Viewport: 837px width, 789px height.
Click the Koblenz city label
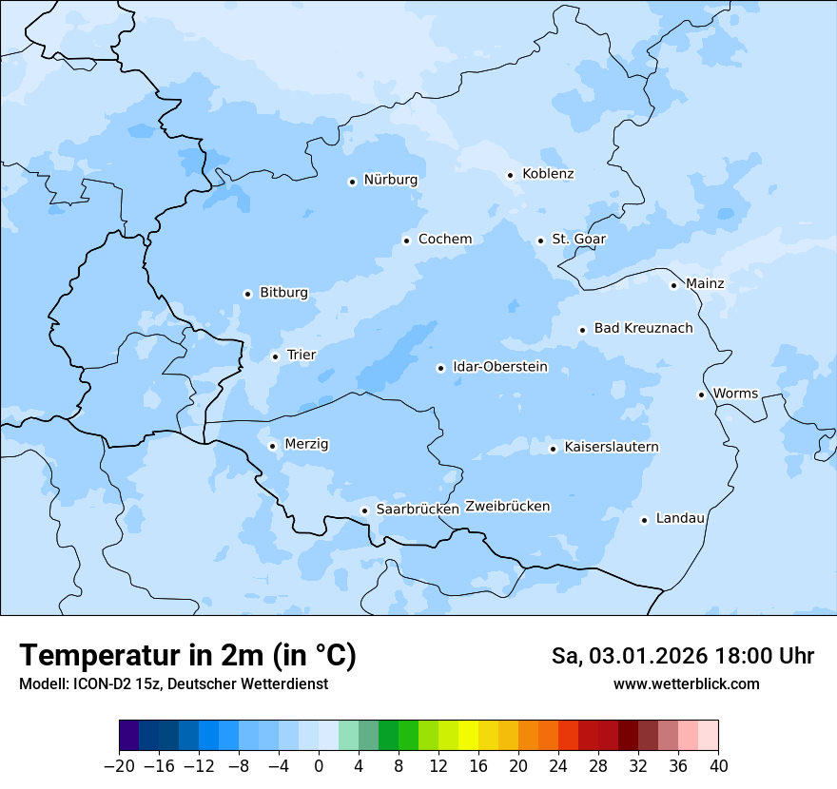[x=548, y=174]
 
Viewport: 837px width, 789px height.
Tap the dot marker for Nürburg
[x=352, y=182]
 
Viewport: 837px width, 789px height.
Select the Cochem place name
[x=444, y=240]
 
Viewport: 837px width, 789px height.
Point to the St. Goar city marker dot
[x=540, y=241]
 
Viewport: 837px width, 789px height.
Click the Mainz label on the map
[x=705, y=284]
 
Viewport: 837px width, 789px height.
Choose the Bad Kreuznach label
[x=643, y=329]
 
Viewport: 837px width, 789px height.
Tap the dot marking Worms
[x=701, y=394]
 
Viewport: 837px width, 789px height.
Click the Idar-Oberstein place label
[x=500, y=367]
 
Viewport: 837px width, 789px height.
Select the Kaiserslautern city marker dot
[x=553, y=449]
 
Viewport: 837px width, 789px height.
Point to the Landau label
[x=680, y=518]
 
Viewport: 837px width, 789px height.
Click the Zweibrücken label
[x=507, y=507]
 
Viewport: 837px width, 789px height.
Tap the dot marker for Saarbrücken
[x=364, y=510]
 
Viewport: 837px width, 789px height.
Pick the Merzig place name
[x=306, y=444]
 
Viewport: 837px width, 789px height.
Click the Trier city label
[x=302, y=356]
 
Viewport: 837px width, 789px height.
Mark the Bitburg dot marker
[x=247, y=294]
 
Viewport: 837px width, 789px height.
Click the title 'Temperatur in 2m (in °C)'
[x=187, y=655]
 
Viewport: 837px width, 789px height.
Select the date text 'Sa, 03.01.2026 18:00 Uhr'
[x=682, y=656]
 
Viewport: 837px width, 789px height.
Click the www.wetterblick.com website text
[x=686, y=683]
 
